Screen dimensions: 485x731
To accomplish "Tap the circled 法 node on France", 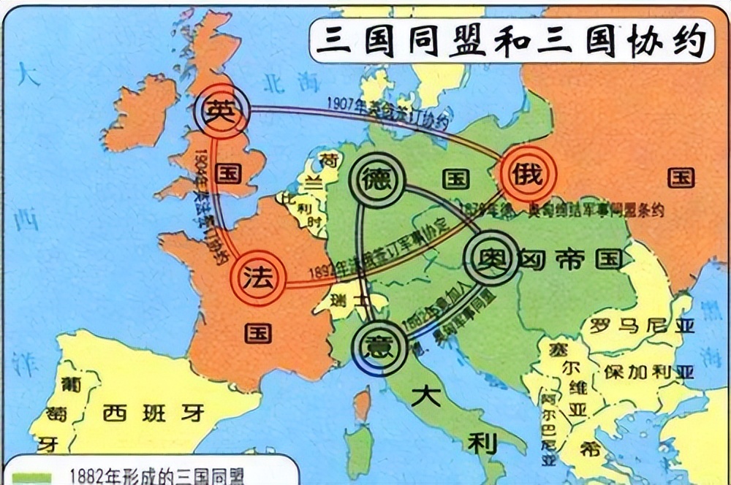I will coord(258,278).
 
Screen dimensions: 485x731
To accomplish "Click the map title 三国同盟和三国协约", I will coord(510,39).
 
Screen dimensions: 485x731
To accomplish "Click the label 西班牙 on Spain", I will coord(151,413).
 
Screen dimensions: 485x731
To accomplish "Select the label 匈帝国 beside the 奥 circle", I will coord(569,259).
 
